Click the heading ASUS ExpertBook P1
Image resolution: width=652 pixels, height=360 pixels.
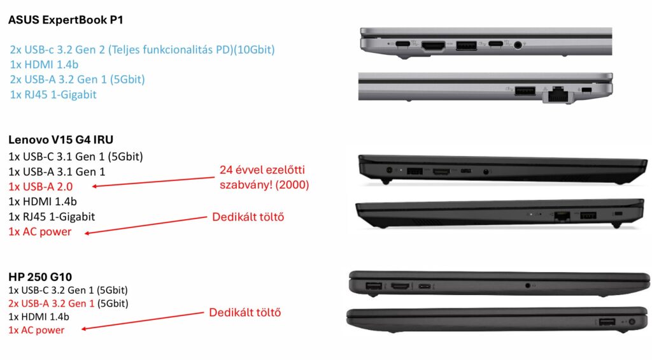click(66, 20)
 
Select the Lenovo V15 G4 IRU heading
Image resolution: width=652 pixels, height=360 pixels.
click(60, 140)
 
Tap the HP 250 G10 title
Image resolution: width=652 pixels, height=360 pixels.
click(40, 277)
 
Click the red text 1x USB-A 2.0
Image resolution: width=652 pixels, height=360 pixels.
click(40, 187)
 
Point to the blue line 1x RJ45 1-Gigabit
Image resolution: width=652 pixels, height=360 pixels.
click(53, 95)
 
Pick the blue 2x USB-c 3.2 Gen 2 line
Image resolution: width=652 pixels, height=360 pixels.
click(142, 50)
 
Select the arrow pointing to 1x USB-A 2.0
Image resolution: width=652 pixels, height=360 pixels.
click(153, 182)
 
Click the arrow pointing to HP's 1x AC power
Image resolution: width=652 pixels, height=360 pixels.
click(143, 320)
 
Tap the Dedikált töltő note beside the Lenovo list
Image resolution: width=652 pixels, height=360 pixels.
click(248, 217)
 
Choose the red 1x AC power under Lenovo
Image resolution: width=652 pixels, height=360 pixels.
click(40, 232)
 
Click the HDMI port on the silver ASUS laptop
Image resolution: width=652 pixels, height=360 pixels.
click(433, 45)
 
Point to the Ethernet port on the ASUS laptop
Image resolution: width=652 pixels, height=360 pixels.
click(557, 94)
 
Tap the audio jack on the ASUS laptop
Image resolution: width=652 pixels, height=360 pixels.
click(518, 45)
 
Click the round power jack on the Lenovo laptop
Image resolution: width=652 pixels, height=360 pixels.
click(390, 170)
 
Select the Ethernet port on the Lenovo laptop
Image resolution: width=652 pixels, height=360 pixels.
click(562, 216)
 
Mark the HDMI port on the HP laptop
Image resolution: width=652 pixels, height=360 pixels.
click(401, 286)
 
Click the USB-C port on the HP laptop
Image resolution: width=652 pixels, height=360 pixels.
click(425, 286)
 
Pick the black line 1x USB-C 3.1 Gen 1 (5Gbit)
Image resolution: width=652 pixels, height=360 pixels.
click(76, 157)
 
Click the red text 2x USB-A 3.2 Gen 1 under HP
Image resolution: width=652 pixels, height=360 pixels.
click(51, 303)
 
